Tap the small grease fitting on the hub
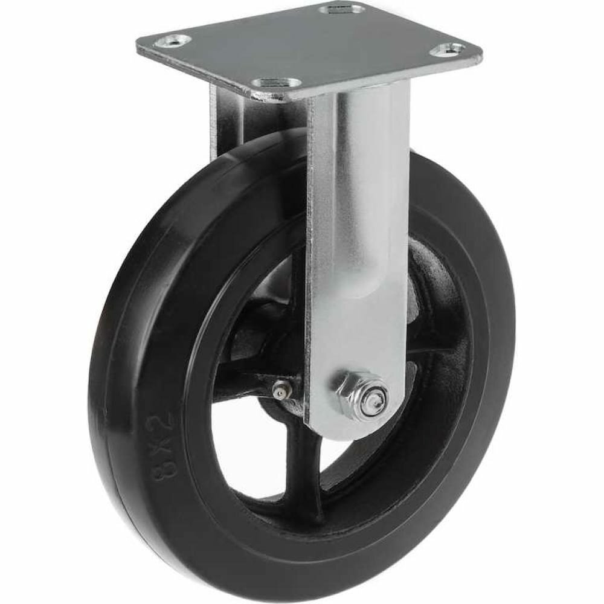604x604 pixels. coord(282,391)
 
